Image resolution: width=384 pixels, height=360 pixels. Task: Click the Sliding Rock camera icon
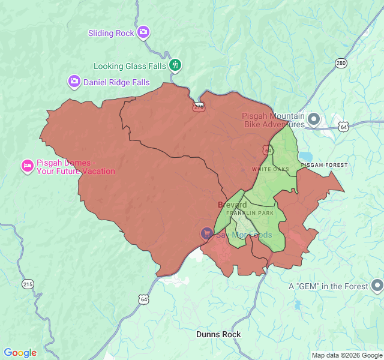coord(143,32)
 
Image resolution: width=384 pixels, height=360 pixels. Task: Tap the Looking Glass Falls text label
coord(130,66)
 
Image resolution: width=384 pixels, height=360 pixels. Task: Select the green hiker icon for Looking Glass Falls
coord(175,65)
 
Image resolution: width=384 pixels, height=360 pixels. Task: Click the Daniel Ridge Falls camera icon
coord(74,82)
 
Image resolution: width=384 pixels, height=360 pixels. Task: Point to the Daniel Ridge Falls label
coord(116,82)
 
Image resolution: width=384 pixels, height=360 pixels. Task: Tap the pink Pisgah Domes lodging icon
coord(27,166)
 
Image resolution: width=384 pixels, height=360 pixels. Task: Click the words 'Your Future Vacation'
coord(76,172)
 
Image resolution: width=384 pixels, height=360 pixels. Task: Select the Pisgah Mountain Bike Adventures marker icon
coord(314,119)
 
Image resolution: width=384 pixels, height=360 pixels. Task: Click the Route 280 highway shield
coord(341,64)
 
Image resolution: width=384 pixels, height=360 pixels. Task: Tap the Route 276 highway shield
coord(199,107)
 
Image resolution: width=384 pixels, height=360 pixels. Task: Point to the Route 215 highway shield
coord(28,283)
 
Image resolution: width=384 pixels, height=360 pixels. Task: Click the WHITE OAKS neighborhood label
coord(270,169)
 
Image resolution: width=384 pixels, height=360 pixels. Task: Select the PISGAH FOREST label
coord(324,164)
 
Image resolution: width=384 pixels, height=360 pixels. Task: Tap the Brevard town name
coord(232,205)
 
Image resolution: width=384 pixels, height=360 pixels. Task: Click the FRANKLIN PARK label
coord(250,213)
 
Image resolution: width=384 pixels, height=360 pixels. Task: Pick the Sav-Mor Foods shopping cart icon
coord(207,234)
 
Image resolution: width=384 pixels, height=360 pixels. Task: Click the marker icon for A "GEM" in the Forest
coord(377,286)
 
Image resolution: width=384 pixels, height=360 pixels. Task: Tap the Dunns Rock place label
coord(218,334)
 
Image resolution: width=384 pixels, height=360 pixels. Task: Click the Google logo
coord(20,353)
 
